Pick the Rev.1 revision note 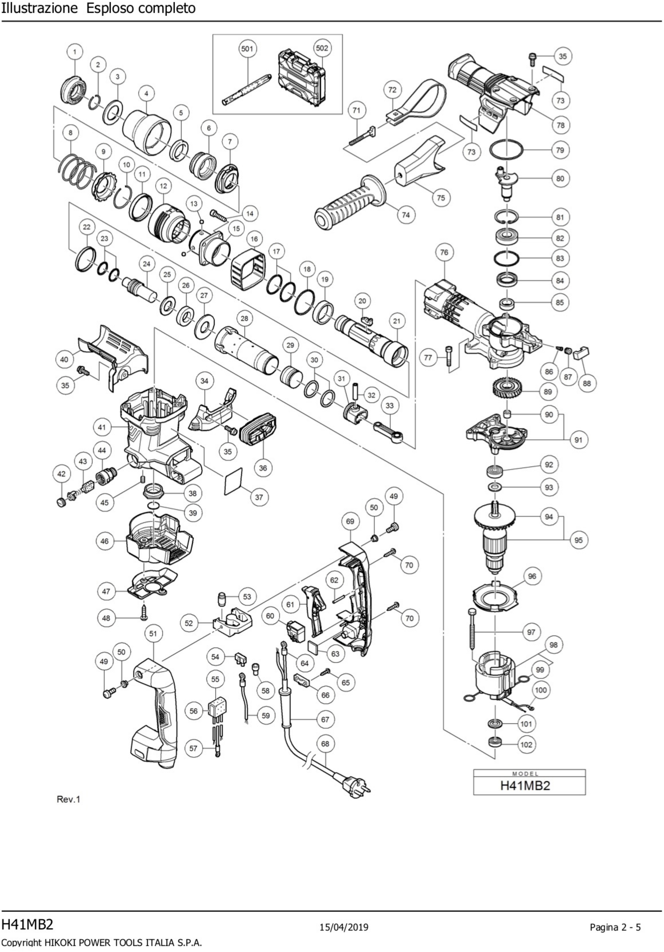point(68,799)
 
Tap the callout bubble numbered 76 point(444,252)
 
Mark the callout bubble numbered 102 point(526,744)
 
